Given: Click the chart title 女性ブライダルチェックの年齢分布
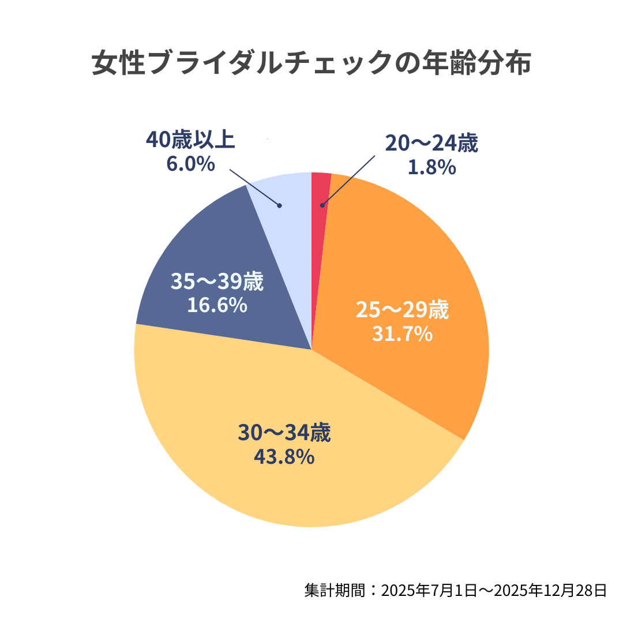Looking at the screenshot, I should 311,64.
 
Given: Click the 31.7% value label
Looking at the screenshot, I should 402,333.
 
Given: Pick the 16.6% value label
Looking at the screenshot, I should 217,305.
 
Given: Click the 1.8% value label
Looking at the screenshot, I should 431,167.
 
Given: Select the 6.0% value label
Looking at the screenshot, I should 191,164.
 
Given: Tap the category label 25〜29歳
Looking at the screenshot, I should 402,310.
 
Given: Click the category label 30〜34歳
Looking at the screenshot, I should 284,433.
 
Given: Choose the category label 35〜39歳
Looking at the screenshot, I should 217,282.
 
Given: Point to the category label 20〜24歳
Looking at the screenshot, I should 431,144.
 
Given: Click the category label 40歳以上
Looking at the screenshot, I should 191,140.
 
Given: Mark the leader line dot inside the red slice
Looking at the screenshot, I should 322,205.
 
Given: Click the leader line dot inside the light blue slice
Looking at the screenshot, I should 279,205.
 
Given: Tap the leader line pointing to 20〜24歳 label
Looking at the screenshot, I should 349,180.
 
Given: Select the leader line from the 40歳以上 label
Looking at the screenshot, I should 254,187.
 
